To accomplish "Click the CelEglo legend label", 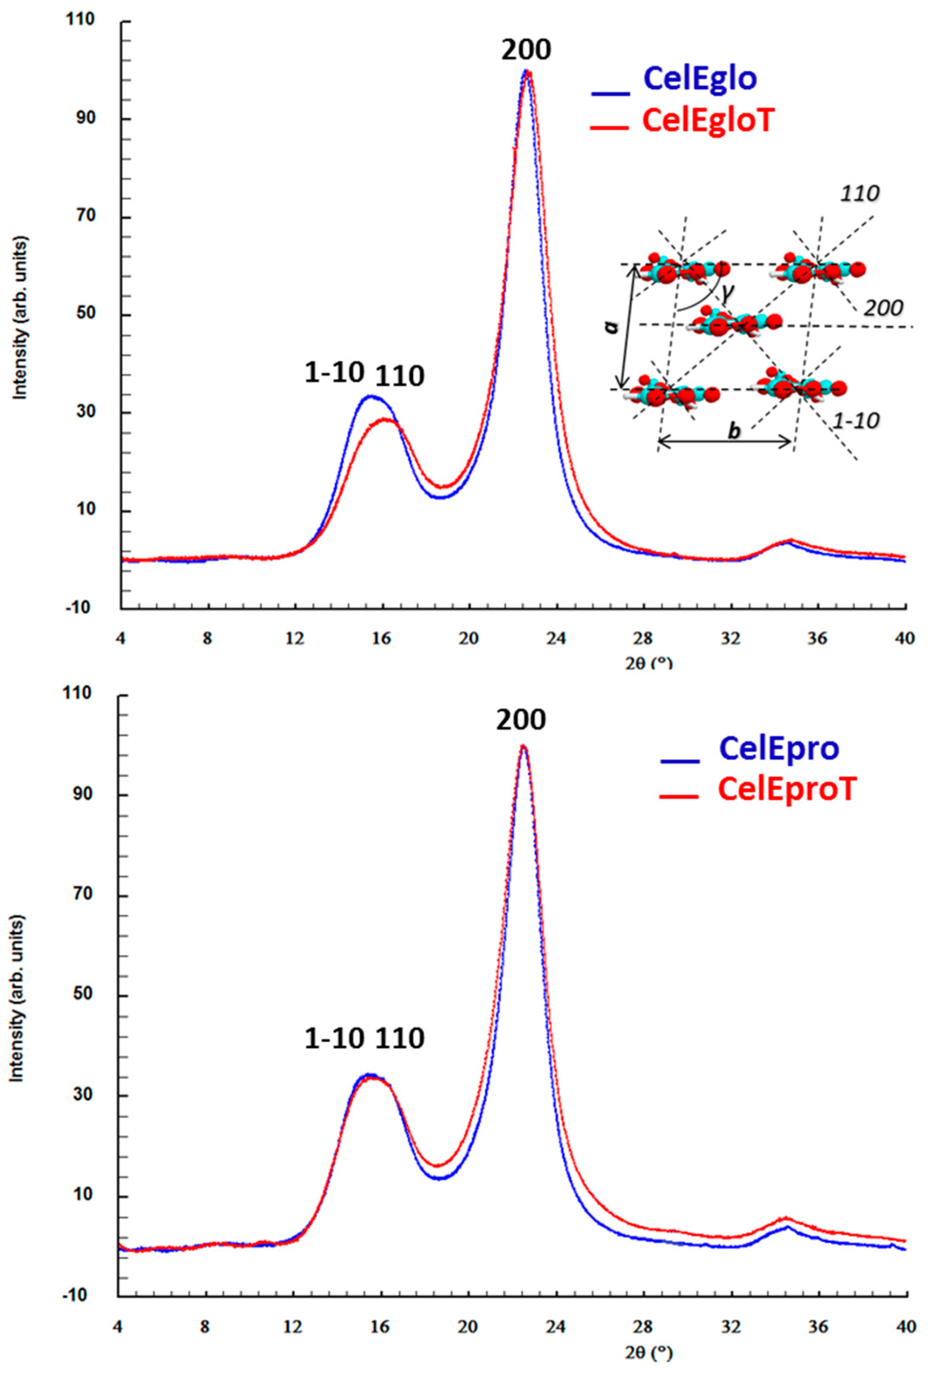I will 700,78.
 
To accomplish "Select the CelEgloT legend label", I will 707,121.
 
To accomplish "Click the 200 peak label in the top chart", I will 525,50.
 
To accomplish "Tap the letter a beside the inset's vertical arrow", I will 613,326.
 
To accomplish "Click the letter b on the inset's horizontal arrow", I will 733,431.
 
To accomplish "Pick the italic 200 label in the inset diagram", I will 883,308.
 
